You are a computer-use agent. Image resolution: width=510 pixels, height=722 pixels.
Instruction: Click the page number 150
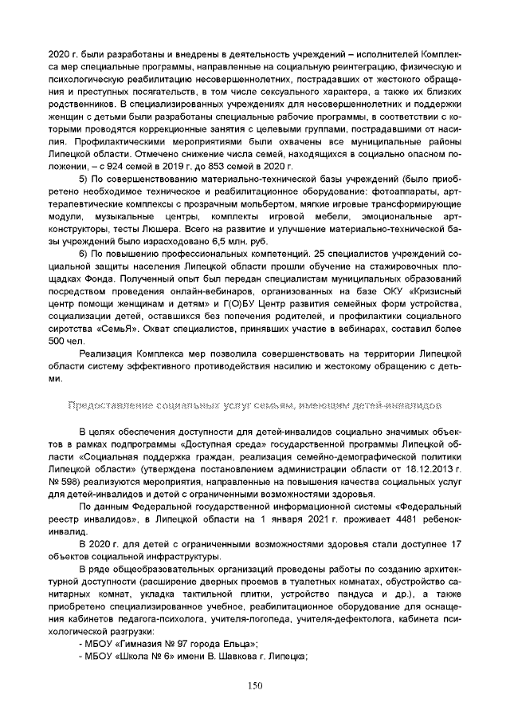coord(255,685)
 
